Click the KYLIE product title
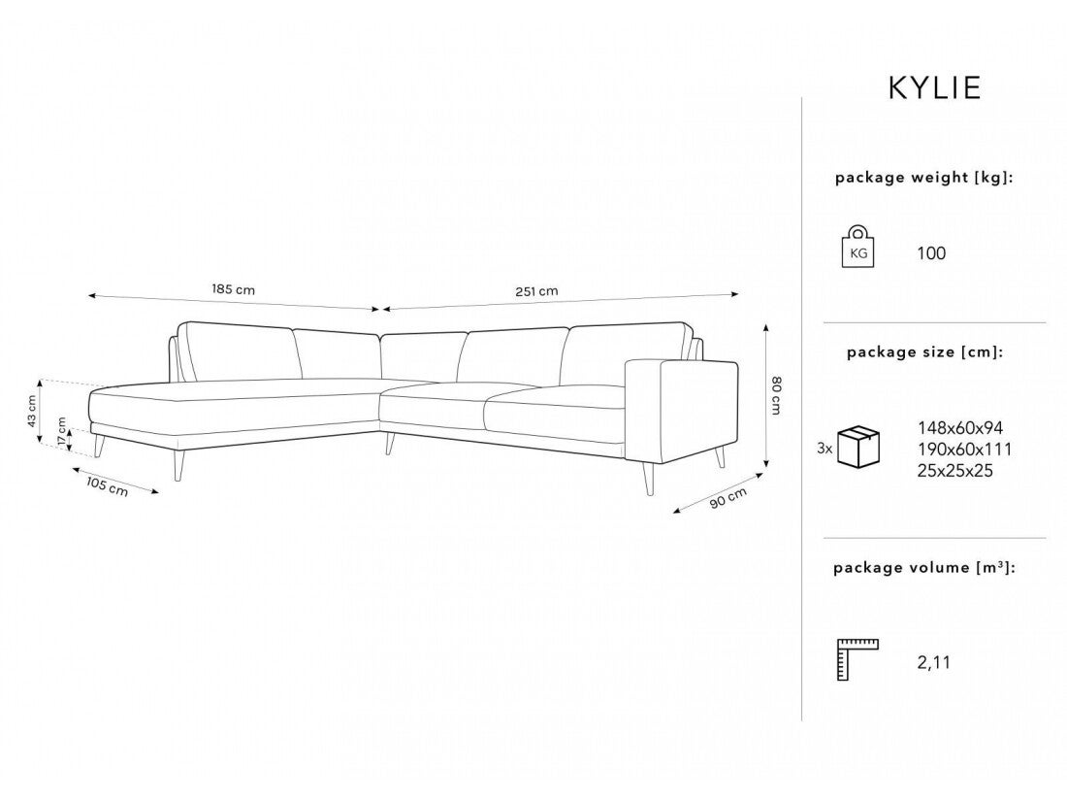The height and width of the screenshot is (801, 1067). [x=934, y=87]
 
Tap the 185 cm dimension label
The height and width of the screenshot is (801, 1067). [x=234, y=289]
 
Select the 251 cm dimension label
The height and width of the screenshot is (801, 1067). [x=536, y=291]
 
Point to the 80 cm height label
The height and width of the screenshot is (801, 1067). [x=775, y=395]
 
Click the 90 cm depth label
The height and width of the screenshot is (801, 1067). [x=728, y=498]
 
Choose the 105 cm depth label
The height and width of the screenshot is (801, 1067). [x=107, y=486]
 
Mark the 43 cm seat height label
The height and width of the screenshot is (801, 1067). [x=31, y=411]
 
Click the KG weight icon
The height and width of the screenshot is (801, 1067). [x=858, y=246]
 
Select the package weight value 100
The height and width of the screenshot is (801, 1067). [x=931, y=253]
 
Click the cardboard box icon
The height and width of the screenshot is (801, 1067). [x=858, y=447]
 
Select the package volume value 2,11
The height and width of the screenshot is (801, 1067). [x=933, y=663]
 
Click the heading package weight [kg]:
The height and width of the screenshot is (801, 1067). [x=924, y=178]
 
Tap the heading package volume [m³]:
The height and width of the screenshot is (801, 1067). [x=924, y=567]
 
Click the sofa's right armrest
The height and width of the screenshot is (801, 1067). [x=681, y=409]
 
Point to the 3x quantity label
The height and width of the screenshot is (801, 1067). [x=824, y=449]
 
